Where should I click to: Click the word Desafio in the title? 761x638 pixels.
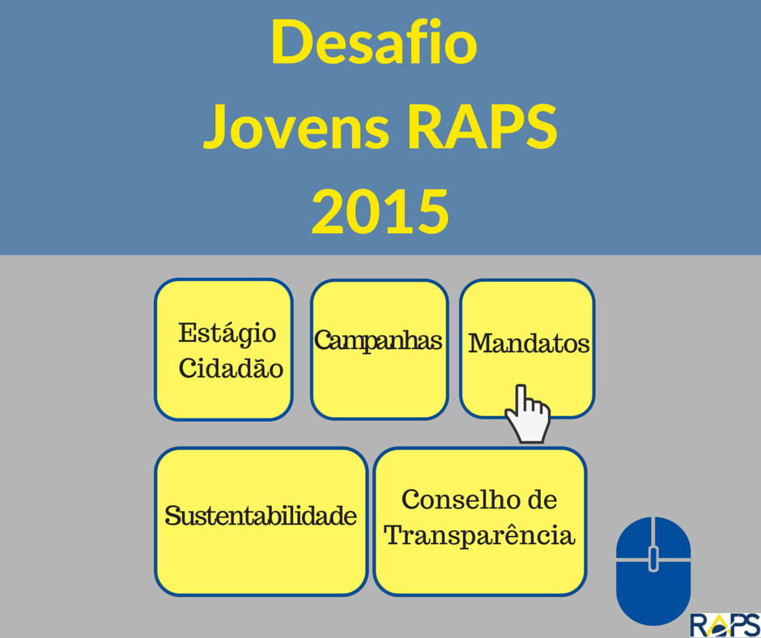pos(374,42)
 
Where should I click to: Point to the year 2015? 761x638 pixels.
pos(380,211)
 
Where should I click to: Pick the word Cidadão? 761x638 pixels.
pos(231,368)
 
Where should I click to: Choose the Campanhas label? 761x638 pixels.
pos(378,340)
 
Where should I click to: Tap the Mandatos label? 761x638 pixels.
pos(529,343)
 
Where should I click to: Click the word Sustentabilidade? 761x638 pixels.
pos(261,516)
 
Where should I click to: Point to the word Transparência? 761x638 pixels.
pos(479,536)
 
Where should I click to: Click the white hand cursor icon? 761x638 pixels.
pos(528,415)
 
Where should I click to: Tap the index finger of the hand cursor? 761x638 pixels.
pos(521,398)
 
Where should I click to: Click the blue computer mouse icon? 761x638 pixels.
pos(653,571)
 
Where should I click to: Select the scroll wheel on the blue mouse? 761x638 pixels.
pos(653,559)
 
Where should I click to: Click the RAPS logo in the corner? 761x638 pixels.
pos(725,625)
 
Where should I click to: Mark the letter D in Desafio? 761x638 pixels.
pos(292,42)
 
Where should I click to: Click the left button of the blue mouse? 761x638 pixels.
pos(633,538)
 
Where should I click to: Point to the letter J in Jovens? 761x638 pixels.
pos(215,127)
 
